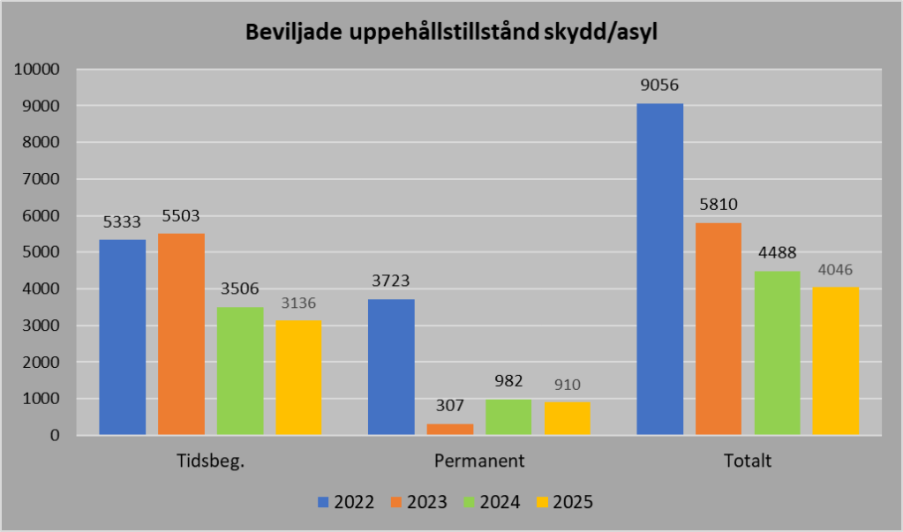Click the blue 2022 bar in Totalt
[x=659, y=269]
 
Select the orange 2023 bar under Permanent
[x=450, y=429]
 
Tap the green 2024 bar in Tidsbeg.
[x=240, y=371]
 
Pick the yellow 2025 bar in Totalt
[x=836, y=361]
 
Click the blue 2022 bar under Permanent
[x=391, y=367]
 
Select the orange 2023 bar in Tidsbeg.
[x=181, y=333]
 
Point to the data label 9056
[x=659, y=86]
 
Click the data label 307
[x=450, y=406]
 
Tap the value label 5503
[x=181, y=215]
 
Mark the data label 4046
[x=836, y=270]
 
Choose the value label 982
[x=508, y=381]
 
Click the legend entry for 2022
[x=346, y=502]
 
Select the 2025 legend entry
[x=564, y=502]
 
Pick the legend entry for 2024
[x=492, y=502]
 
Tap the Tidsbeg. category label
[x=210, y=461]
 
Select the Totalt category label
[x=748, y=461]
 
